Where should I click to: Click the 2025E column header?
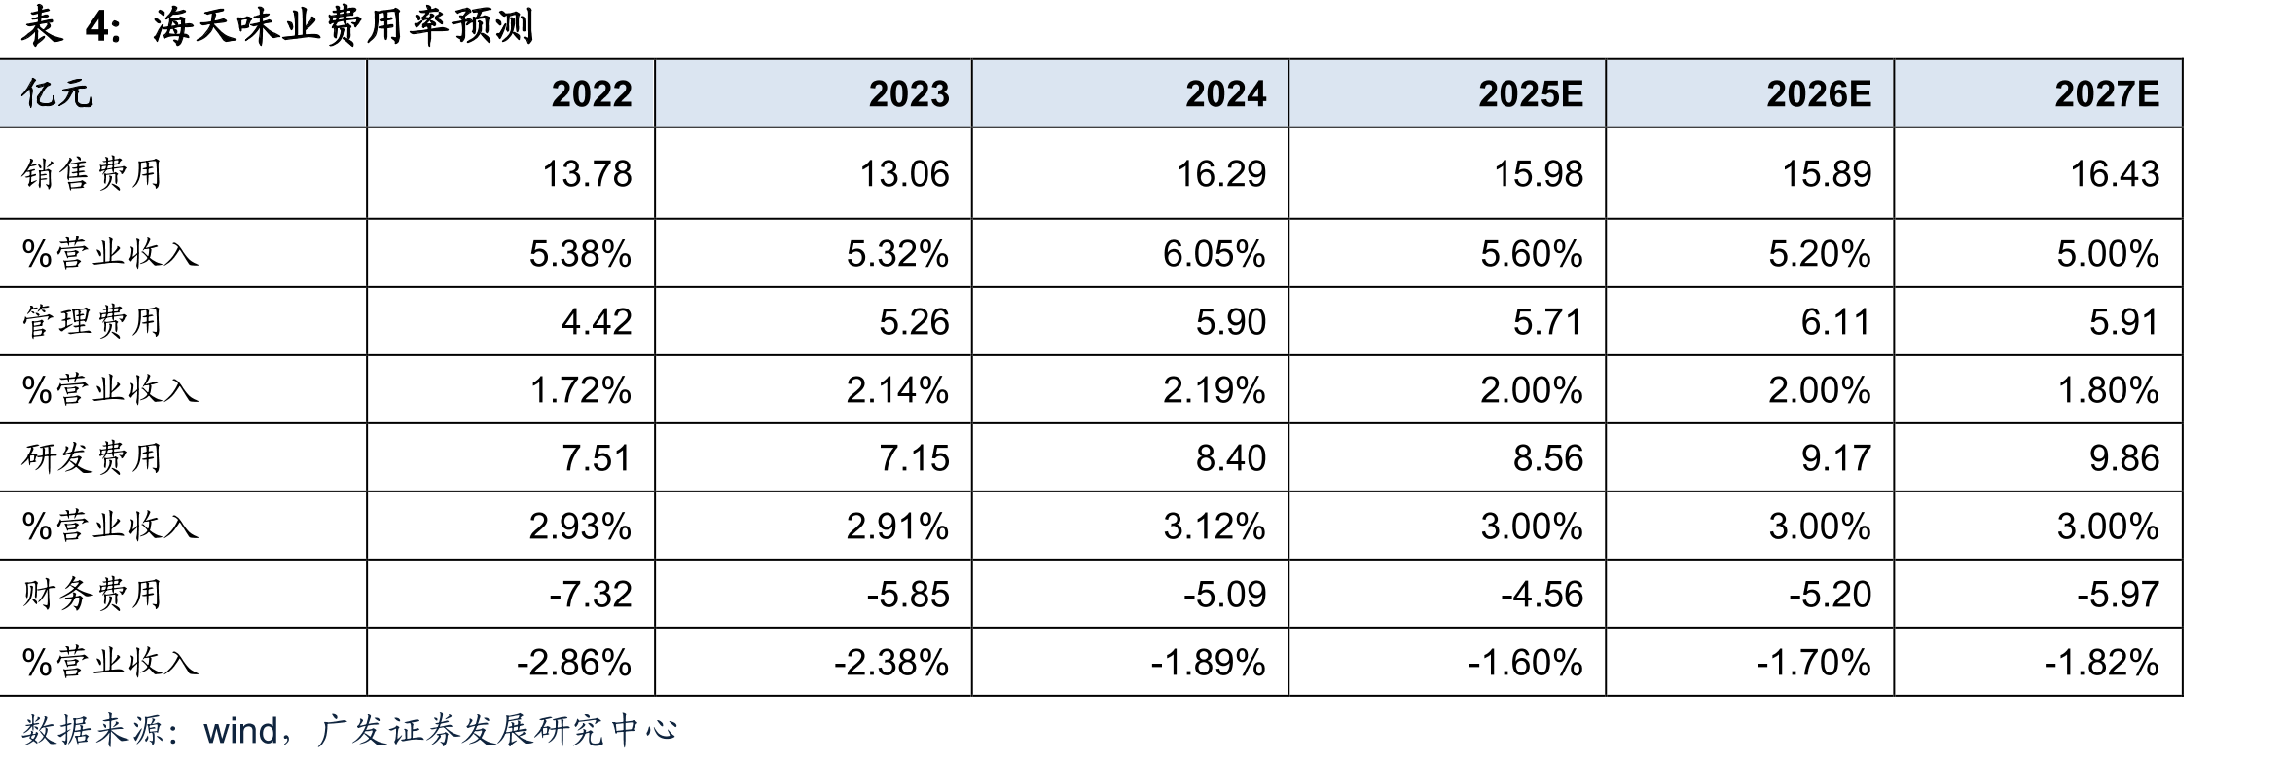(1531, 93)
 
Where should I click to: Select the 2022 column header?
(592, 93)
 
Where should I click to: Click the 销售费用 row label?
(91, 173)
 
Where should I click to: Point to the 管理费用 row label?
(91, 321)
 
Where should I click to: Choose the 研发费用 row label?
(91, 457)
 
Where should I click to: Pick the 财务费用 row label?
(91, 594)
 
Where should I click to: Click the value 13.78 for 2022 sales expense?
(587, 174)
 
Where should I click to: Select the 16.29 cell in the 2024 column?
(1221, 174)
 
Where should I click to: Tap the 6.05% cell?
(1215, 254)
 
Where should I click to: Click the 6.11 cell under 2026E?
(1836, 322)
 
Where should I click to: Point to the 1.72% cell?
(580, 390)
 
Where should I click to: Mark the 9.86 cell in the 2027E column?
(2124, 458)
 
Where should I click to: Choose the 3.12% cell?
(1215, 527)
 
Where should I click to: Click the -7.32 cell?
(590, 595)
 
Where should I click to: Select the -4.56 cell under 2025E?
(1541, 595)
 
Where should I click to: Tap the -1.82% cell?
(2101, 663)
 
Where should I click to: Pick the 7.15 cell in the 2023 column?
(914, 458)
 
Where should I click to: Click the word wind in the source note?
(239, 730)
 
